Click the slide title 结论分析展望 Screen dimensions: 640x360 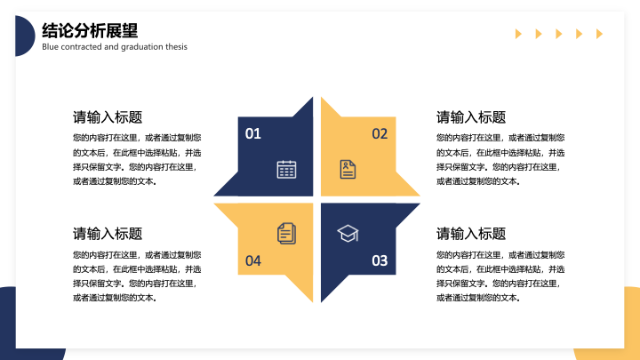[x=90, y=30]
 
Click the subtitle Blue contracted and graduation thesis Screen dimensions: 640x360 [x=115, y=47]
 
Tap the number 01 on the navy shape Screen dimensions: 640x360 [x=252, y=133]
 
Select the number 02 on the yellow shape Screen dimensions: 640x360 [x=380, y=133]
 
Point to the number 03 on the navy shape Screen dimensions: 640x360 [x=380, y=260]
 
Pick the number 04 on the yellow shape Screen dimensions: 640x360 [x=253, y=260]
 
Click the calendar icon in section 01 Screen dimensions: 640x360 [x=286, y=170]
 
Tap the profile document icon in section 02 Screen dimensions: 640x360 [x=348, y=170]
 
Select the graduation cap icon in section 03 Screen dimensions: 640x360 [x=348, y=234]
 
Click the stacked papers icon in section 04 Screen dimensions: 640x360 [x=286, y=234]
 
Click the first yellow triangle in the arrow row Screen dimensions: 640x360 [x=518, y=34]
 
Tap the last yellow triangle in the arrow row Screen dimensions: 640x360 [x=599, y=34]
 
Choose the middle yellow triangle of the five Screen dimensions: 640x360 [x=559, y=34]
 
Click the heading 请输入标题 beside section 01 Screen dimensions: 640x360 [x=108, y=117]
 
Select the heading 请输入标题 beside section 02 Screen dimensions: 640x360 [x=471, y=117]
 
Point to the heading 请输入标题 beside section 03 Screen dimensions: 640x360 [x=471, y=234]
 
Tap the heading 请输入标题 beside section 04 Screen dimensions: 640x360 [x=108, y=234]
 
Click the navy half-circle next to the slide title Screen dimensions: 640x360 [x=25, y=36]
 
